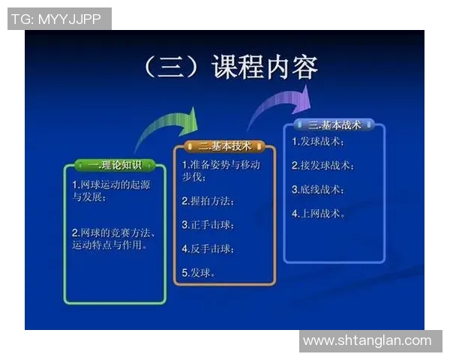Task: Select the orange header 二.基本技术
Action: pyautogui.click(x=225, y=145)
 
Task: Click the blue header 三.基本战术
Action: pyautogui.click(x=334, y=124)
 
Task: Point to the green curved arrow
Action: pyautogui.click(x=169, y=130)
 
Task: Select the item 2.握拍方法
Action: pyautogui.click(x=208, y=201)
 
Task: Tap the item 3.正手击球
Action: pyautogui.click(x=208, y=224)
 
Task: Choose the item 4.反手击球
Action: pyautogui.click(x=208, y=248)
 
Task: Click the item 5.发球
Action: pyautogui.click(x=199, y=272)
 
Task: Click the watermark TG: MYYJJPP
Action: pyautogui.click(x=59, y=19)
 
